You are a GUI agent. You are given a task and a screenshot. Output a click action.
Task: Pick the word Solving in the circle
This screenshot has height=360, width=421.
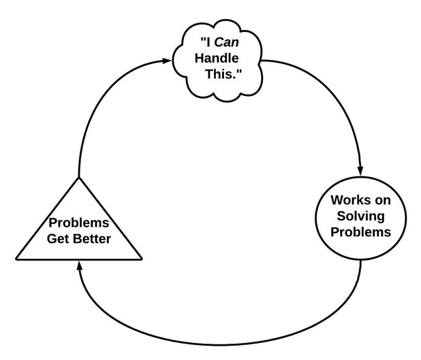360,216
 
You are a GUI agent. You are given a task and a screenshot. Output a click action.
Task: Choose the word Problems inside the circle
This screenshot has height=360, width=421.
360,232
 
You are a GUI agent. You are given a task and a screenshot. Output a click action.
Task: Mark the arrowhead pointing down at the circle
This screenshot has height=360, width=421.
360,169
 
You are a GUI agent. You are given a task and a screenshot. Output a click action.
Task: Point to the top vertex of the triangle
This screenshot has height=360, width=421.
79,177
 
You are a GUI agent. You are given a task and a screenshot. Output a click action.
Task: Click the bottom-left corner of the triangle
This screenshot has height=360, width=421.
17,259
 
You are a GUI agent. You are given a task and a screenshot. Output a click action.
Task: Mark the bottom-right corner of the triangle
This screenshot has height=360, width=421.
142,259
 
